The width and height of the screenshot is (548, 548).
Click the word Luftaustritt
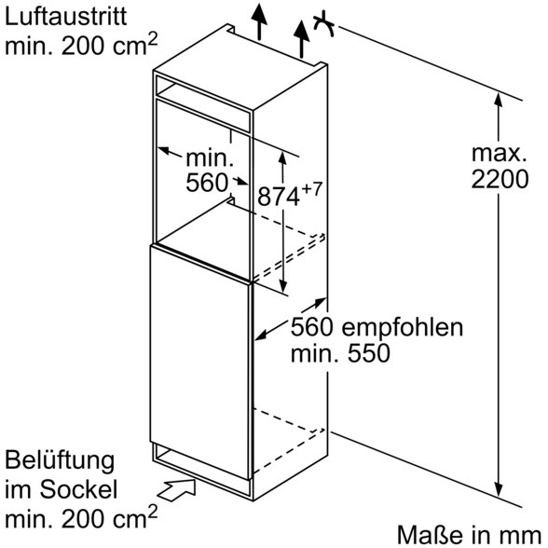65,16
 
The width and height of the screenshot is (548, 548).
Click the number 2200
500,180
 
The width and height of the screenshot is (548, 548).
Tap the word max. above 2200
500,153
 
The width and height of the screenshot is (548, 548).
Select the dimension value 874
279,197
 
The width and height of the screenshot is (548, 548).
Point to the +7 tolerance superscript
311,189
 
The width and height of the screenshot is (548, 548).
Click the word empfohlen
403,328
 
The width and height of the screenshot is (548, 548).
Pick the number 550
369,353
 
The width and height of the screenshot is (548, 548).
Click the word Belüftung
60,461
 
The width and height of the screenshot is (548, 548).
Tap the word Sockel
78,489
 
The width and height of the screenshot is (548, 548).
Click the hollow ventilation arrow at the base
177,490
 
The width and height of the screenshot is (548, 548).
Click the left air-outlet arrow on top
259,21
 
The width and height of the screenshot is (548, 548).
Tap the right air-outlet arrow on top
301,39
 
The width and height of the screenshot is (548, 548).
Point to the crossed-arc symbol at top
324,24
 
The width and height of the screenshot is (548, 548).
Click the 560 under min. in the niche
207,183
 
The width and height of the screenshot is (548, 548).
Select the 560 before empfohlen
313,327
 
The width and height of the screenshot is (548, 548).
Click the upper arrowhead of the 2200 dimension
499,101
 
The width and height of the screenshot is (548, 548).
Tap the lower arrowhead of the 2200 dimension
499,488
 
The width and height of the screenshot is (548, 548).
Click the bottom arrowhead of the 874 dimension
283,285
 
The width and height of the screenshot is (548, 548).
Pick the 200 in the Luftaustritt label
83,46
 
